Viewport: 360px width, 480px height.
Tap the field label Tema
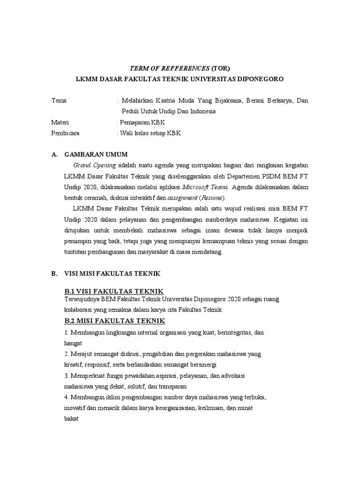coord(59,101)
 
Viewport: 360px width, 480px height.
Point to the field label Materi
coord(60,122)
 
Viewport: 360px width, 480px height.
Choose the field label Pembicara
coord(65,133)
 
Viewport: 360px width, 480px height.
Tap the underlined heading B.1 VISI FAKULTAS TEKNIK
coord(113,291)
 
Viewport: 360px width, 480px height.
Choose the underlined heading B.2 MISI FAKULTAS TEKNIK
coord(114,321)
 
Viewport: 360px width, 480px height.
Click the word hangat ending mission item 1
coord(73,343)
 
